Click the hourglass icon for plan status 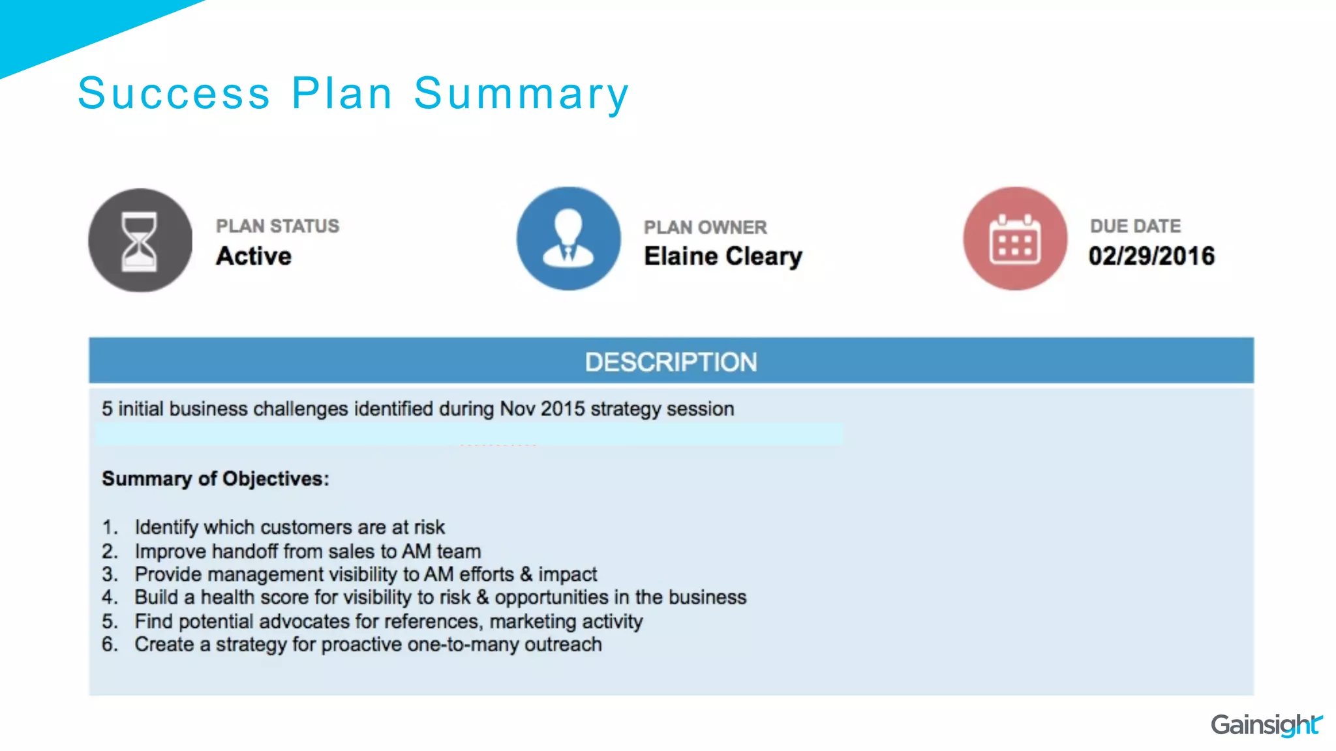coord(140,241)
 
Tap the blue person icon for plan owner coord(568,239)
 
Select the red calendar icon coord(1015,239)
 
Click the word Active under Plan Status coord(254,256)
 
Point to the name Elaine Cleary coord(723,256)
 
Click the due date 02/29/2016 coord(1151,256)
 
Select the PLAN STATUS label coord(278,226)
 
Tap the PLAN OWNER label coord(705,228)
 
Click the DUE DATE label coord(1135,226)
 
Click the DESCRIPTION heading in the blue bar coord(671,362)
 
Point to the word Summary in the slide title coord(521,94)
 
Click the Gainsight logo coord(1266,725)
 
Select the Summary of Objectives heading coord(215,479)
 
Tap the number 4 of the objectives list coord(108,597)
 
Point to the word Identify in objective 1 coord(166,527)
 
